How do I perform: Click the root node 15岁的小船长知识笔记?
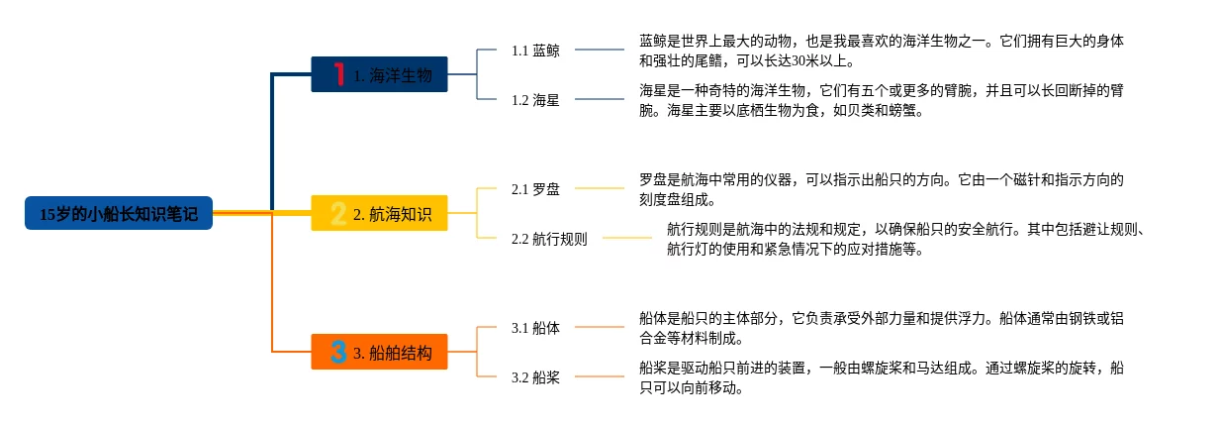point(119,213)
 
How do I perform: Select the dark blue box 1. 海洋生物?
point(379,74)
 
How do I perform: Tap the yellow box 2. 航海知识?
point(379,213)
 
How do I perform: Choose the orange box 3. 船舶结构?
point(379,352)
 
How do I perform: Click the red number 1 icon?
point(339,74)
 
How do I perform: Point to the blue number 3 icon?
point(338,352)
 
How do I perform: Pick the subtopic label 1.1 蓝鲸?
point(535,51)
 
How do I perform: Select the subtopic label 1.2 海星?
point(535,100)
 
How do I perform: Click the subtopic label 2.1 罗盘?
point(535,189)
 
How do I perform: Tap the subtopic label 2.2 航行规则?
point(549,239)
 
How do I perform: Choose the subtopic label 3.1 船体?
point(535,328)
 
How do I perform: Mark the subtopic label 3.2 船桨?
point(535,377)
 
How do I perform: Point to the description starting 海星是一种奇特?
point(882,100)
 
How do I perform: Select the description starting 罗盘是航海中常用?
point(882,189)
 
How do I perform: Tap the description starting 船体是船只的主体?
point(882,328)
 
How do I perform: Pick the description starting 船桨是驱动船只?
point(882,377)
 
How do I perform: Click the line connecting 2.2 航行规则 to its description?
point(627,238)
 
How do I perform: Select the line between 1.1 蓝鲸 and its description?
point(600,50)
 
